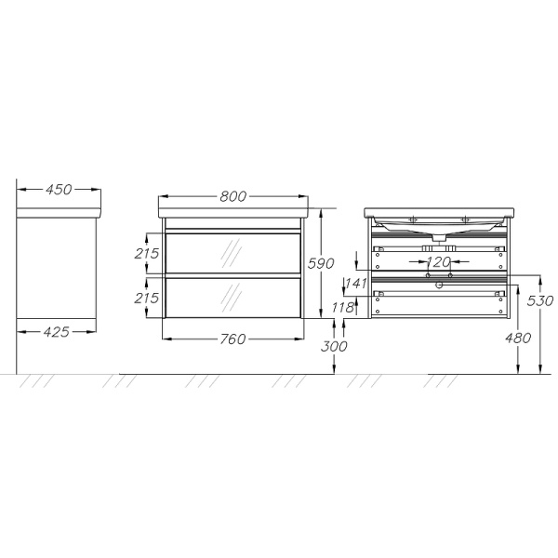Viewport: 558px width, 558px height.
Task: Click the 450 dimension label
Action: [59, 190]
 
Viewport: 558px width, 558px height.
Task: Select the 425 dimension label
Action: [56, 332]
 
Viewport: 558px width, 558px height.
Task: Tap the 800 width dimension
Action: [233, 196]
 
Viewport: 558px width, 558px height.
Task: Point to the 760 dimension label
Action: [232, 339]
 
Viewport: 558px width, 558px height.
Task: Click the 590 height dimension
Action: [321, 263]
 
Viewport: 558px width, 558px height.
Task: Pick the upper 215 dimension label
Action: [146, 253]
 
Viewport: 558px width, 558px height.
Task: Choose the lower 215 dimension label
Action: [146, 298]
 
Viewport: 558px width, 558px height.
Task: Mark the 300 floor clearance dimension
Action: [334, 346]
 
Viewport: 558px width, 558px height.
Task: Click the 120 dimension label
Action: [439, 262]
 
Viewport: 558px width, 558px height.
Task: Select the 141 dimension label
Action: [356, 284]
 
